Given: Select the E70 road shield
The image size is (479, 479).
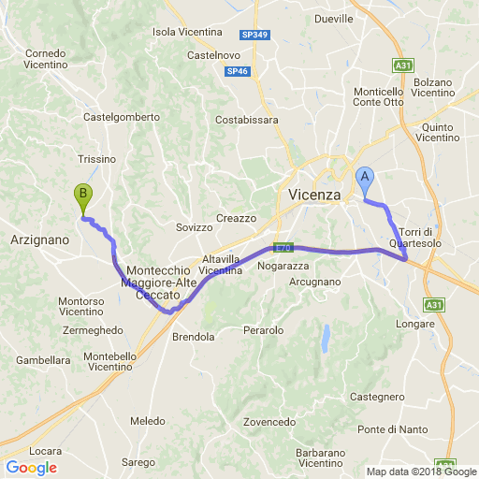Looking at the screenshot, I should pyautogui.click(x=283, y=248).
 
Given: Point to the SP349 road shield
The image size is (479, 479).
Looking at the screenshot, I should pyautogui.click(x=253, y=35).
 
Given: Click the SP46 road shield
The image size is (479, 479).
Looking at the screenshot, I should pyautogui.click(x=237, y=71).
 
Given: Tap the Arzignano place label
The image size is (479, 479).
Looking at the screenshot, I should pyautogui.click(x=39, y=240).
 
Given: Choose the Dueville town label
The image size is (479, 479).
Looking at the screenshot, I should pyautogui.click(x=334, y=19).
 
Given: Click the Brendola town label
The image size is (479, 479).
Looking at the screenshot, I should pyautogui.click(x=194, y=337).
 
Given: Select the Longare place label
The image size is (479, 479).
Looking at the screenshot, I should pyautogui.click(x=414, y=324).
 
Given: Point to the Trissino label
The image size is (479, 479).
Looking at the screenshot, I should pyautogui.click(x=97, y=159).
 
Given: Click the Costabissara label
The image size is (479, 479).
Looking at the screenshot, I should pyautogui.click(x=247, y=121).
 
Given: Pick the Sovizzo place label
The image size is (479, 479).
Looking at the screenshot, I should pyautogui.click(x=195, y=227).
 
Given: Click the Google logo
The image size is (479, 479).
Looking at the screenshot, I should pyautogui.click(x=31, y=468).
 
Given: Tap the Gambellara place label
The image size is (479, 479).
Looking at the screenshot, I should pyautogui.click(x=43, y=360).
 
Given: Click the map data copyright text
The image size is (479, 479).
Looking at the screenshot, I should pyautogui.click(x=421, y=472).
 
